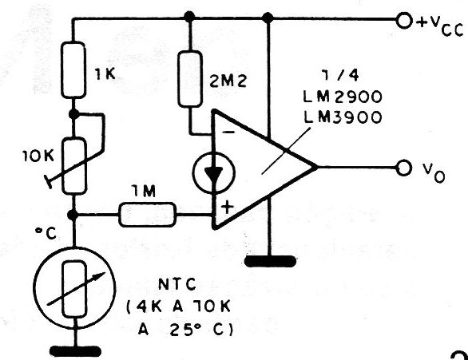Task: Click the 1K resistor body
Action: tap(73, 70)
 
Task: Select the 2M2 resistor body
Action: tap(190, 79)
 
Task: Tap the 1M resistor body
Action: tap(148, 215)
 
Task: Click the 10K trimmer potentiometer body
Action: tap(74, 166)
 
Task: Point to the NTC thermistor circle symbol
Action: tap(75, 288)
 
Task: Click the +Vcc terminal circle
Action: tap(403, 21)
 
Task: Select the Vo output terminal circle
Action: tap(403, 168)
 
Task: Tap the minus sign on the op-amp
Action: tap(229, 132)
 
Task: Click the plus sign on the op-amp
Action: tap(228, 208)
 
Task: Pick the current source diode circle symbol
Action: tap(214, 173)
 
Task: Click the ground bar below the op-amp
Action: tap(270, 262)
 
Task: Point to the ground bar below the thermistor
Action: tap(76, 351)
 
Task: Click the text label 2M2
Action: tap(228, 81)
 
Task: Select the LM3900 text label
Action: tap(343, 117)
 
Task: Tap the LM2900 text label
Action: tap(343, 97)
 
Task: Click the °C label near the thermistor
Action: tap(46, 234)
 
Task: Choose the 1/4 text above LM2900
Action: tap(340, 76)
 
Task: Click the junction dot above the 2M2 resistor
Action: tap(189, 17)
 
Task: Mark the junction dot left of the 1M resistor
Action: tap(73, 215)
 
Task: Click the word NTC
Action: tap(177, 284)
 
